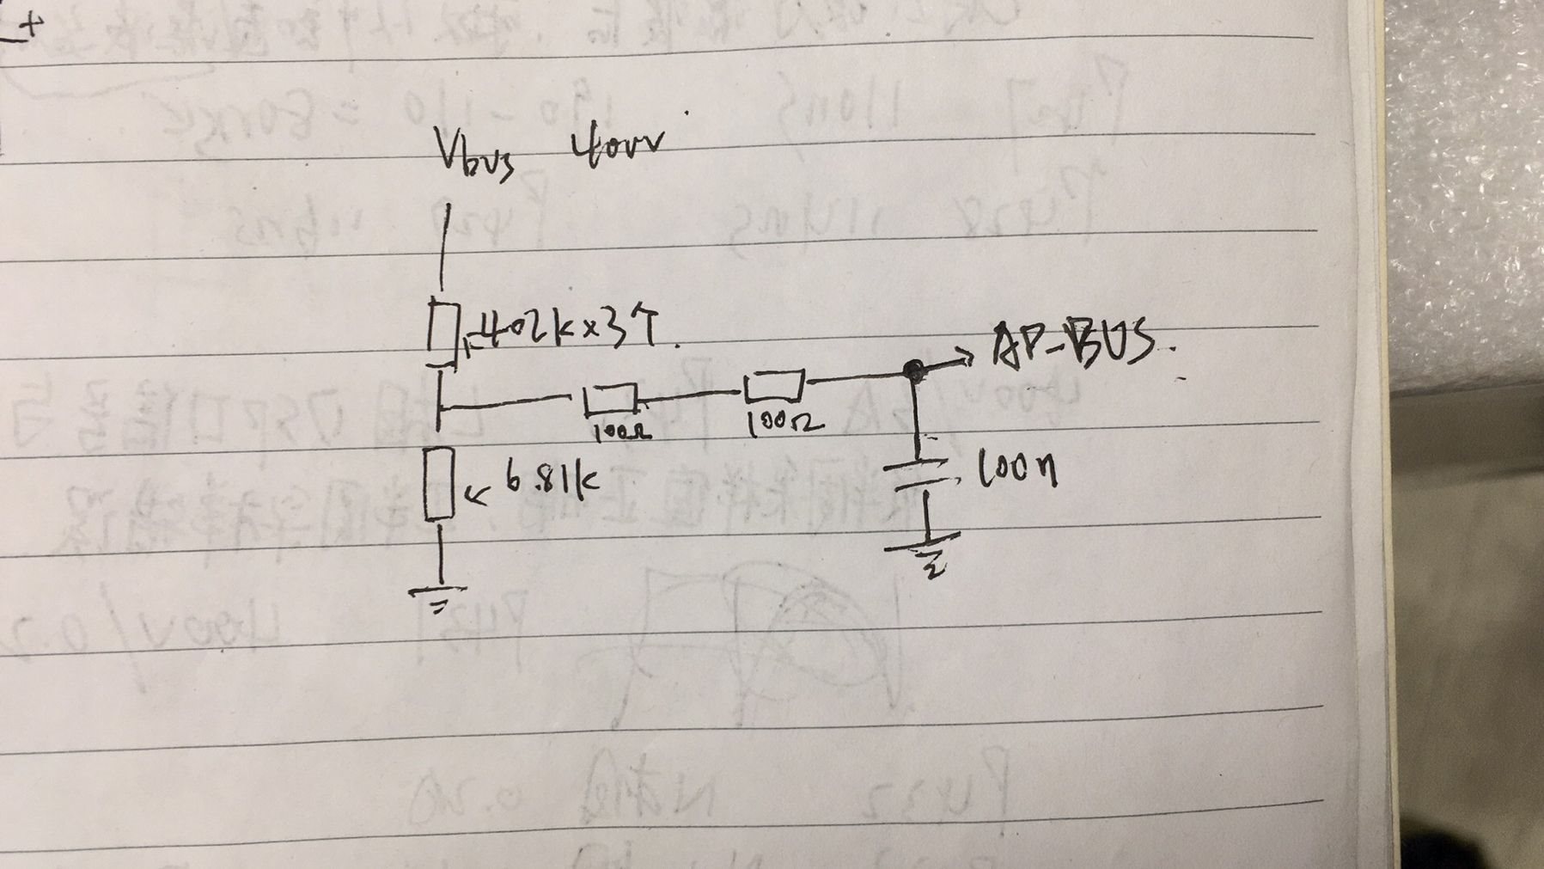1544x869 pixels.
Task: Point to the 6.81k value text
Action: pos(550,482)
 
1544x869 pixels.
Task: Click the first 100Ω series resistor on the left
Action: pos(609,399)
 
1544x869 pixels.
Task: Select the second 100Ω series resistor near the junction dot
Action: pos(773,386)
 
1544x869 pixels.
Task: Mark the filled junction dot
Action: pos(913,370)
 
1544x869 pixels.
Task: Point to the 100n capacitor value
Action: pos(1018,470)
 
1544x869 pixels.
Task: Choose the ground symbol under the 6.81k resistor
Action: pos(439,596)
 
